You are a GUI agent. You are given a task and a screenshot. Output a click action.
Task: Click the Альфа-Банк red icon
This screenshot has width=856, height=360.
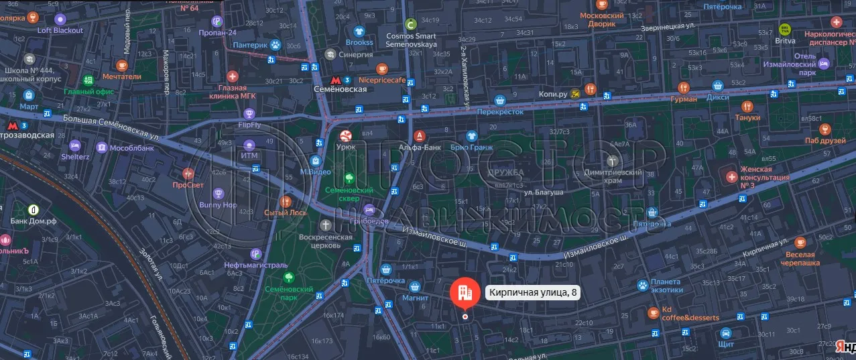click(x=420, y=135)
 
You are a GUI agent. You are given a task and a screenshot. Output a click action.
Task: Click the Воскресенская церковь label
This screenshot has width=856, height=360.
click(x=326, y=241)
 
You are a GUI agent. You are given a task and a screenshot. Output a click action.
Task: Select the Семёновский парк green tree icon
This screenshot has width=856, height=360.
click(x=289, y=277)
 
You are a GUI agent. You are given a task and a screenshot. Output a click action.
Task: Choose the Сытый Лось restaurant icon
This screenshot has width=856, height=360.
click(x=286, y=200)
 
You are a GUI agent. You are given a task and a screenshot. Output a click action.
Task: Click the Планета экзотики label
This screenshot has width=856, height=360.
click(x=665, y=286)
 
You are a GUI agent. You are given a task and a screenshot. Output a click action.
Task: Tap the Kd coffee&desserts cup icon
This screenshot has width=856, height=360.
click(x=654, y=312)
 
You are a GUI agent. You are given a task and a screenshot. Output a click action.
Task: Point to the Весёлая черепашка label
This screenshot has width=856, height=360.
click(x=800, y=259)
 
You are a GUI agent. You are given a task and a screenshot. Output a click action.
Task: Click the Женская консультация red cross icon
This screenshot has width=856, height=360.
click(x=731, y=177)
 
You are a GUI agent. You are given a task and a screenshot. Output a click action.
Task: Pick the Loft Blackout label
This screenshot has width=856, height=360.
click(x=60, y=30)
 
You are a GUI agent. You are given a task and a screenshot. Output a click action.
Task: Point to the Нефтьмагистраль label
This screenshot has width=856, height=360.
click(x=255, y=265)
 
